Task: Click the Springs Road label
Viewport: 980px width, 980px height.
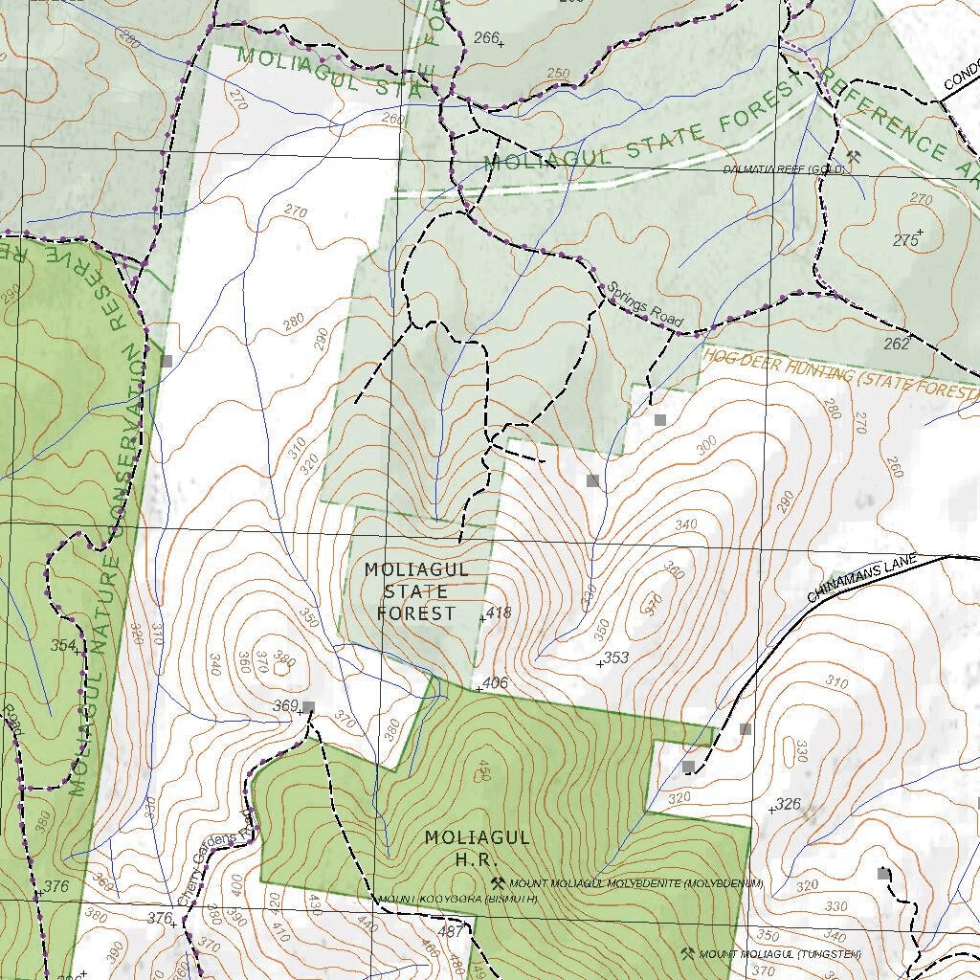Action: pos(646,305)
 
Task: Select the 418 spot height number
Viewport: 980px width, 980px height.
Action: pos(500,612)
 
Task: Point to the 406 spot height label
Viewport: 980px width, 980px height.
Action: pos(495,683)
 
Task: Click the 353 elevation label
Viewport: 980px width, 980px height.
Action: pos(616,657)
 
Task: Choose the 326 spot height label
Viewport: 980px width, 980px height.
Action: pos(788,804)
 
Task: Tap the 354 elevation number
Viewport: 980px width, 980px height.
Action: pos(63,646)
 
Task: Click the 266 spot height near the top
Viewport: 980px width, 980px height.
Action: pos(486,37)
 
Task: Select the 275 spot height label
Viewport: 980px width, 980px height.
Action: pos(905,240)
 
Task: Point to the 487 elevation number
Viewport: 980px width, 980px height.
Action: pos(450,931)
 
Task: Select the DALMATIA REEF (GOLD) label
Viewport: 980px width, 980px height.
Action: pos(784,169)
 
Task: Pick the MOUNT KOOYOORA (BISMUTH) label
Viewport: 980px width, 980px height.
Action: pos(457,900)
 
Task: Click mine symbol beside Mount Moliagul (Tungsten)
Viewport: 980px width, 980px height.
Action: pos(687,953)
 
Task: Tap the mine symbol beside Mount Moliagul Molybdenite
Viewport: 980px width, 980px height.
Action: pos(498,883)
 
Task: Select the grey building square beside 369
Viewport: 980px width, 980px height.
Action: pos(308,707)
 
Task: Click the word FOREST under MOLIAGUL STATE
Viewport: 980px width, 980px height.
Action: pos(416,613)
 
